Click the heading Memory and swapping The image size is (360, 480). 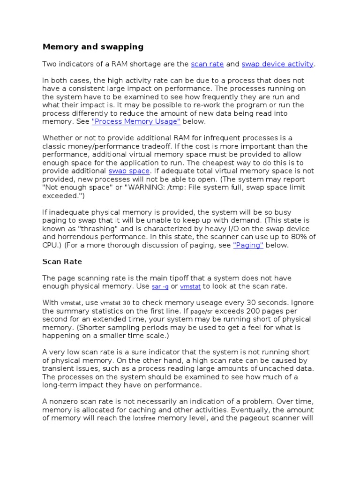pyautogui.click(x=93, y=47)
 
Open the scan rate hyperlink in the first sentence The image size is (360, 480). pyautogui.click(x=207, y=64)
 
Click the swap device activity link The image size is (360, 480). pyautogui.click(x=277, y=64)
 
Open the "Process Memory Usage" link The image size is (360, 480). pyautogui.click(x=136, y=121)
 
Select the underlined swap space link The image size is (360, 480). pyautogui.click(x=129, y=171)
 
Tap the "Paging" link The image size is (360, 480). pyautogui.click(x=248, y=245)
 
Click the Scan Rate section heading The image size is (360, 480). pyautogui.click(x=62, y=262)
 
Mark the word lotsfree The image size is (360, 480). pyautogui.click(x=143, y=418)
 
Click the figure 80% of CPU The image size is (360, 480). pyautogui.click(x=300, y=237)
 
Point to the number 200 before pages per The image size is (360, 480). pyautogui.click(x=254, y=311)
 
